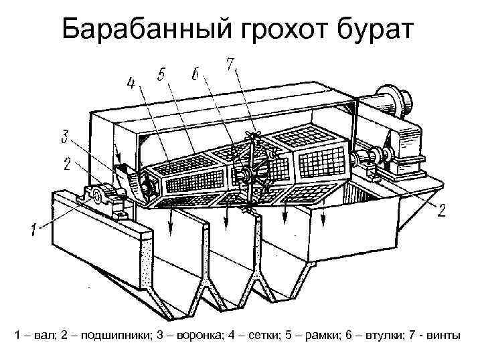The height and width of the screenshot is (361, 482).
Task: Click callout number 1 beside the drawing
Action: [33, 230]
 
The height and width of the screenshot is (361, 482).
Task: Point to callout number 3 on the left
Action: [64, 138]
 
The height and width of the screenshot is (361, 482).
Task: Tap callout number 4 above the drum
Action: [131, 84]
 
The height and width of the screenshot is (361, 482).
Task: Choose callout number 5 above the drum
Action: [161, 76]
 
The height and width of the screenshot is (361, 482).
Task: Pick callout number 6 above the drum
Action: [194, 74]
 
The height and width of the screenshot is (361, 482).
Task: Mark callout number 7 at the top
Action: [230, 64]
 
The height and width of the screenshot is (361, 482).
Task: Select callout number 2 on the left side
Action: [67, 162]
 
